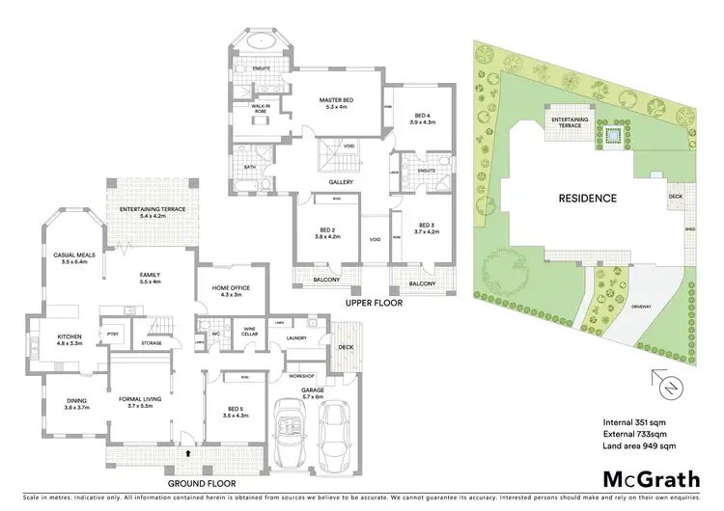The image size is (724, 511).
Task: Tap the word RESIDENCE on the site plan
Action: point(587,199)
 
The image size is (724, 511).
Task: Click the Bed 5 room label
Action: point(235,411)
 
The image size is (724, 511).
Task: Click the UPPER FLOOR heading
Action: point(373,302)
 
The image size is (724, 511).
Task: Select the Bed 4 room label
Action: point(424,118)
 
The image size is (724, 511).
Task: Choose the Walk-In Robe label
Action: point(261,109)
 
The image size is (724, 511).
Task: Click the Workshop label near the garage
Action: point(304,375)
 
